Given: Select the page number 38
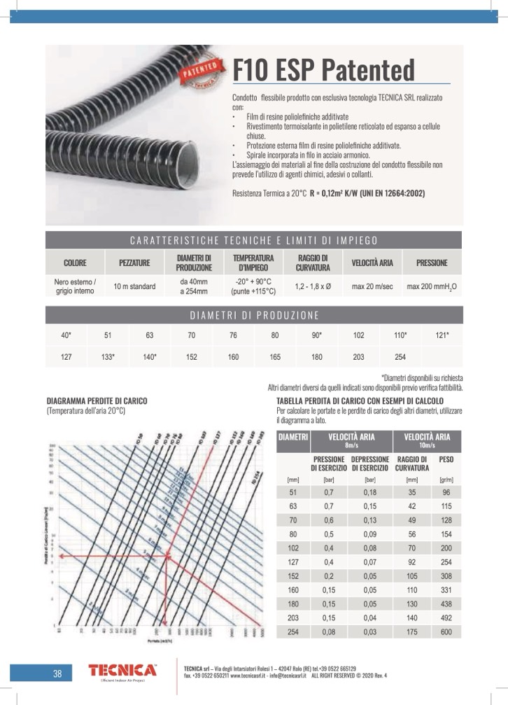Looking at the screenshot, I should click(x=57, y=674).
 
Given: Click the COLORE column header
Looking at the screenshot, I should click(x=75, y=263).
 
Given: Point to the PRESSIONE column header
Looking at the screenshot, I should click(x=431, y=263).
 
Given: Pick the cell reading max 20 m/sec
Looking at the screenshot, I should click(x=372, y=286).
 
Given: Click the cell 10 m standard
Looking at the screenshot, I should click(x=134, y=286).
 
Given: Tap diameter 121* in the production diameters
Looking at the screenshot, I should click(x=442, y=335).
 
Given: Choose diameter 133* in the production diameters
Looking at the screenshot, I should click(x=108, y=357).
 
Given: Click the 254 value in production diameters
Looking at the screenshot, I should click(x=400, y=357).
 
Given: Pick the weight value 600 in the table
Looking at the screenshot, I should click(x=446, y=632).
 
